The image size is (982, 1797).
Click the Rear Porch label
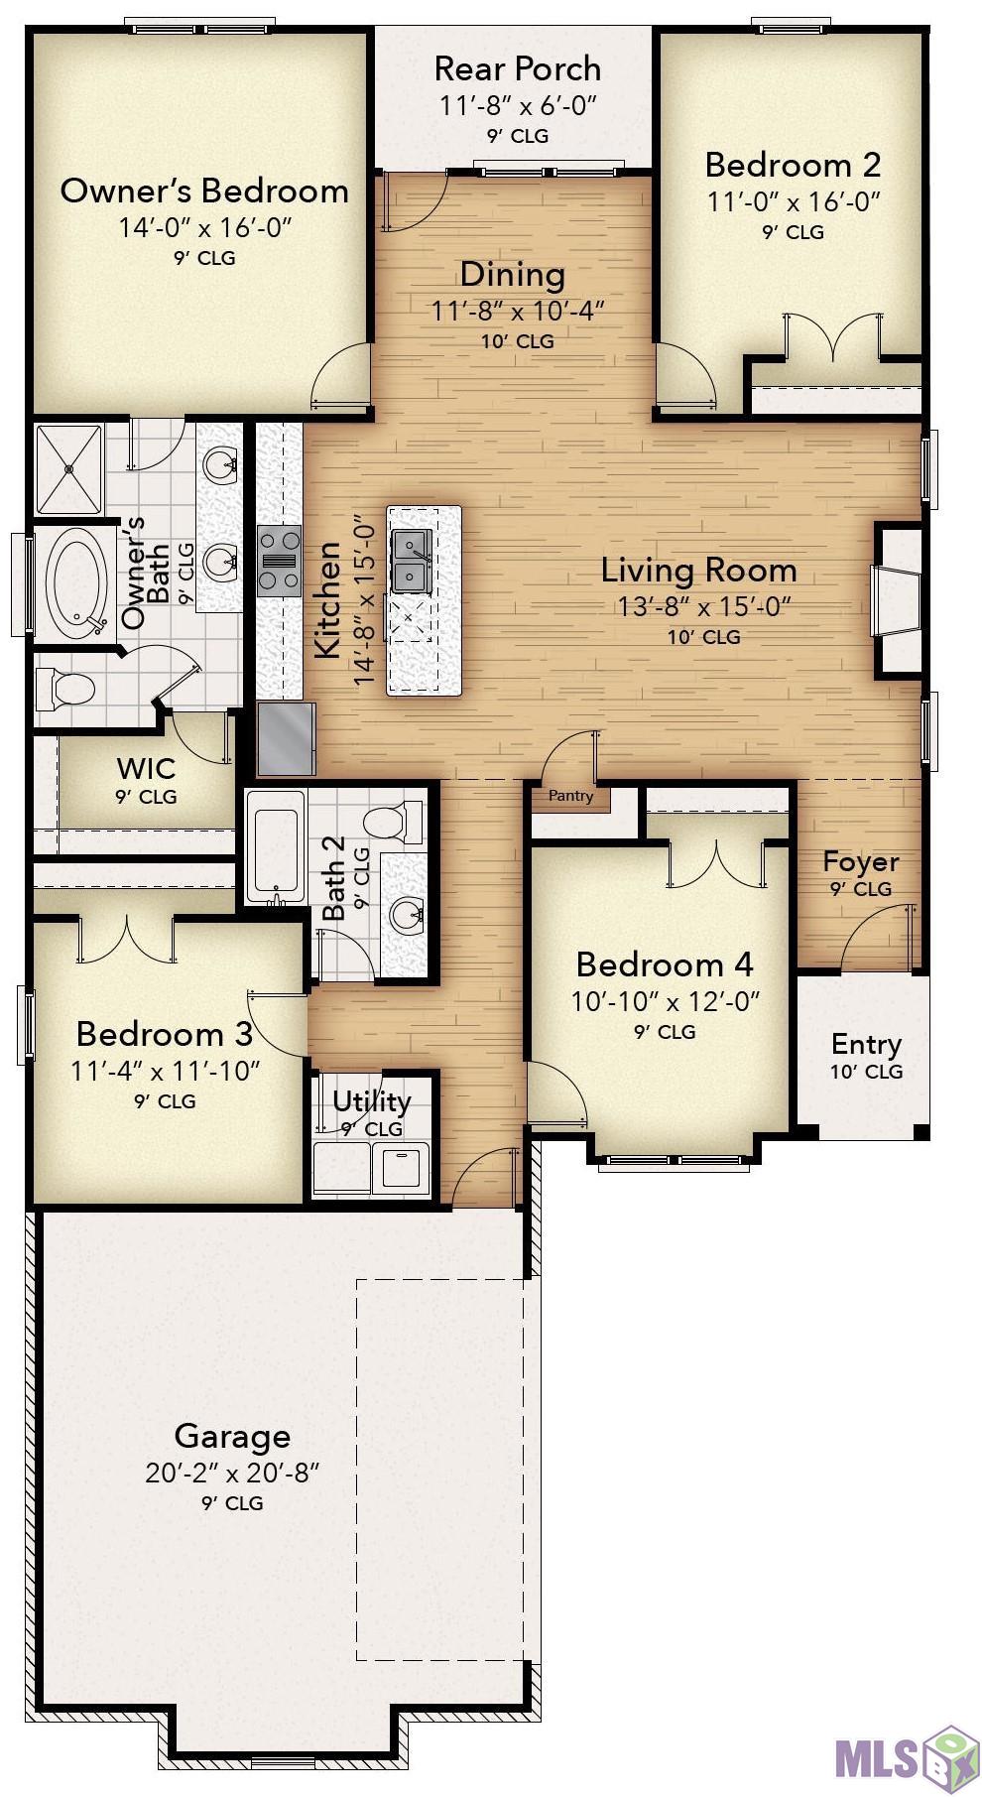pyautogui.click(x=517, y=68)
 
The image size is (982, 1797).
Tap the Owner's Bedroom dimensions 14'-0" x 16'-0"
pyautogui.click(x=204, y=227)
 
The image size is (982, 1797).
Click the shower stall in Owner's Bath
pyautogui.click(x=68, y=469)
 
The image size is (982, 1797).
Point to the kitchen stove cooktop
pyautogui.click(x=279, y=561)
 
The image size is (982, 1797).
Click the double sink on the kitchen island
pyautogui.click(x=412, y=559)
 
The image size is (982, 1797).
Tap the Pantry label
pyautogui.click(x=570, y=795)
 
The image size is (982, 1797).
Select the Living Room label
pyautogui.click(x=699, y=570)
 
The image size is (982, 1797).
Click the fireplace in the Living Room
pyautogui.click(x=897, y=600)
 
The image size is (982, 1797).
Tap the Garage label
pyautogui.click(x=232, y=1436)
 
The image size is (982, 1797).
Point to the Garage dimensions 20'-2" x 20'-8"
pyautogui.click(x=232, y=1473)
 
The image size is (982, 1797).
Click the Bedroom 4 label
pyautogui.click(x=665, y=964)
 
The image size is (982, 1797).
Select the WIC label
pyautogui.click(x=146, y=768)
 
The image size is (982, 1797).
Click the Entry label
pyautogui.click(x=866, y=1045)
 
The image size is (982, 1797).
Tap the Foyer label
pyautogui.click(x=861, y=861)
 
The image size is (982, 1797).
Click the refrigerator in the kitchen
pyautogui.click(x=287, y=738)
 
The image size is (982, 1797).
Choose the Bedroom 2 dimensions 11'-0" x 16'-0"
pyautogui.click(x=794, y=201)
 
